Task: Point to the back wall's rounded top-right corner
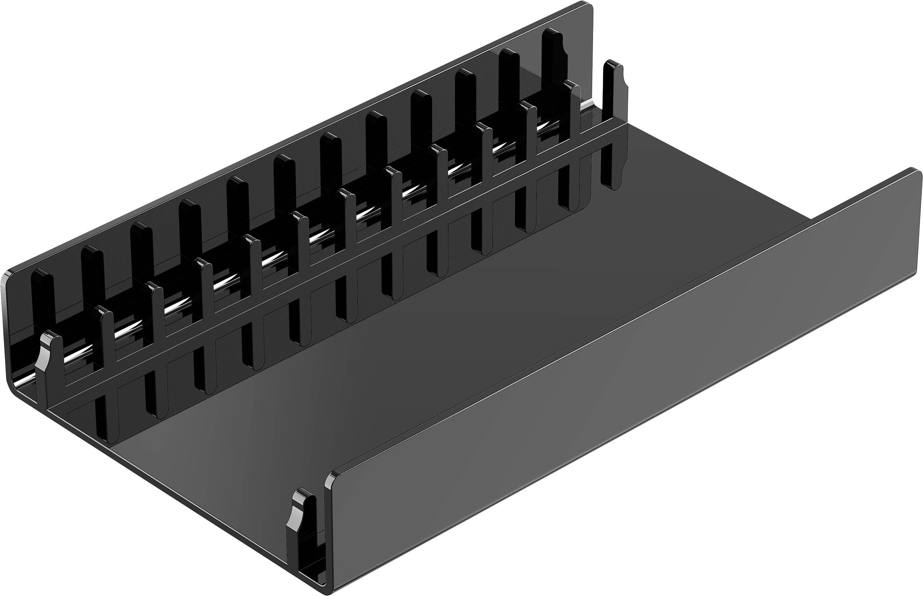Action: [589, 6]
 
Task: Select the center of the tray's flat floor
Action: [426, 348]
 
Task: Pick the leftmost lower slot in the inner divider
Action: [105, 420]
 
